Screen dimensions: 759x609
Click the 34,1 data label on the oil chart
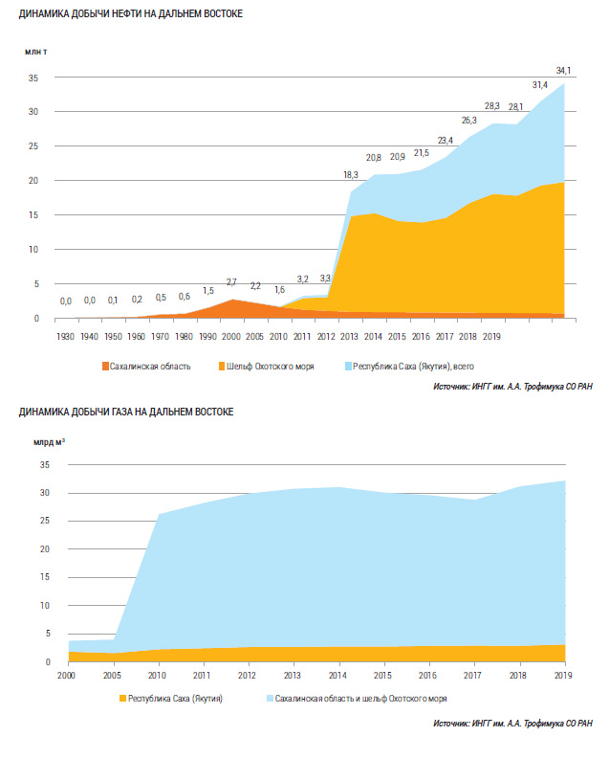pyautogui.click(x=564, y=70)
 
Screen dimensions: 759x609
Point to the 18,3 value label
pyautogui.click(x=351, y=175)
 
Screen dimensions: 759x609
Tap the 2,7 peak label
pyautogui.click(x=231, y=282)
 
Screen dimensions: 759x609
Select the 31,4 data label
pyautogui.click(x=540, y=85)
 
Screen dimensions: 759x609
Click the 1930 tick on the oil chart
pyautogui.click(x=66, y=337)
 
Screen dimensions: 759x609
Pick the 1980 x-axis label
pyautogui.click(x=185, y=337)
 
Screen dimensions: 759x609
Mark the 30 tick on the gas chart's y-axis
pyautogui.click(x=42, y=493)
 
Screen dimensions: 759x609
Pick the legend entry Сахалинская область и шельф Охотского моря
pyautogui.click(x=359, y=699)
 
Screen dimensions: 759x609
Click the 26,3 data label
pyautogui.click(x=469, y=121)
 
